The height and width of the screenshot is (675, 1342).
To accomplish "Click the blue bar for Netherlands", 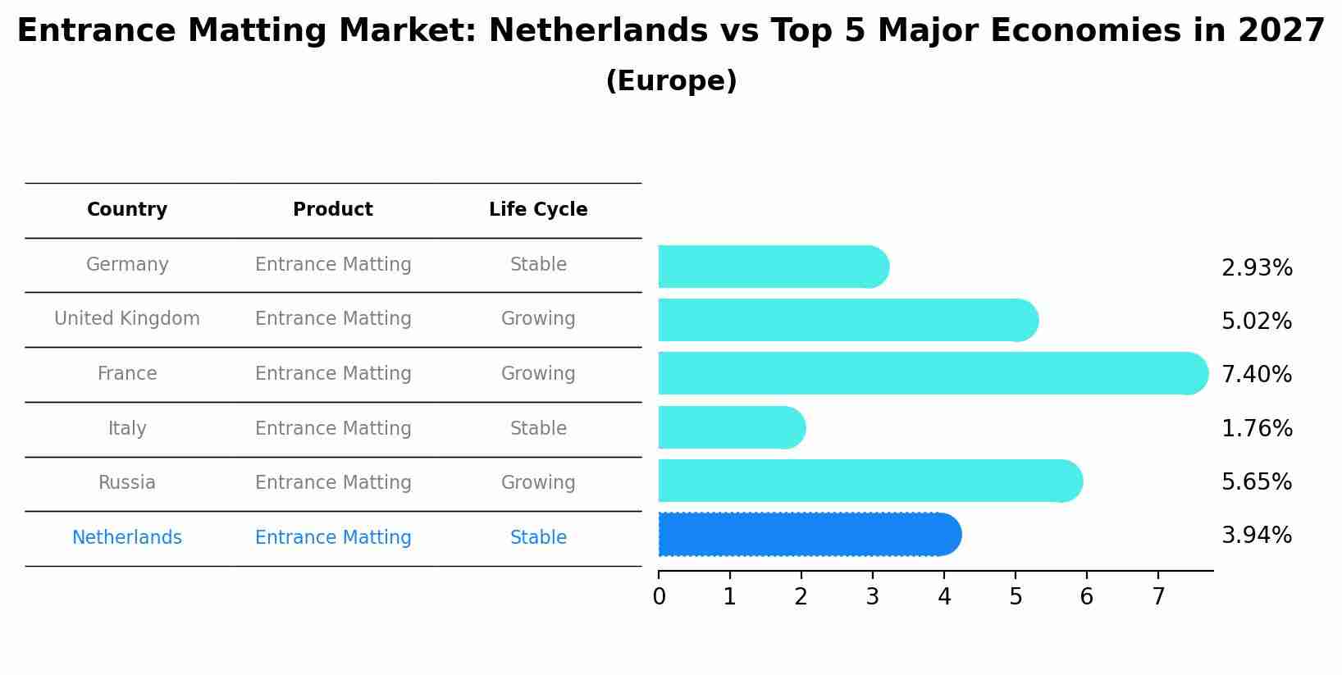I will [808, 535].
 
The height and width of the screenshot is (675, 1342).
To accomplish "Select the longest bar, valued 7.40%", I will [931, 373].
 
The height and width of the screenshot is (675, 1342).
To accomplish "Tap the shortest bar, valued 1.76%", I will [730, 427].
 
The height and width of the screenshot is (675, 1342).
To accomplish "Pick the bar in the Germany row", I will [771, 267].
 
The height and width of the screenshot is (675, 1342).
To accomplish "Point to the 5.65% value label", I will [1256, 482].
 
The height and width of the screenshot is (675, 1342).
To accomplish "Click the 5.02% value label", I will [1256, 322].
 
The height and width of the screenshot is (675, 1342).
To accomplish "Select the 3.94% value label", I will [1256, 536].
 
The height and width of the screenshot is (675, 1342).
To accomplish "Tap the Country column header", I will [127, 210].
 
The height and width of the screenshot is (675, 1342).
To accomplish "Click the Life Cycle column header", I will [538, 210].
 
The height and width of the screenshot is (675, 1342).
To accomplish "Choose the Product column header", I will [333, 210].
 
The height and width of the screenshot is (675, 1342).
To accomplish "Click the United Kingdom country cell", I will [127, 319].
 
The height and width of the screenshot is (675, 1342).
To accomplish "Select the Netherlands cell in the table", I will [127, 538].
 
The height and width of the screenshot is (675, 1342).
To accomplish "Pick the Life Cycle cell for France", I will [538, 374].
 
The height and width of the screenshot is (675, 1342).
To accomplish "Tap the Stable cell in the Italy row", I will [538, 429].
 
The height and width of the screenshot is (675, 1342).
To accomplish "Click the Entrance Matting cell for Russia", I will [333, 483].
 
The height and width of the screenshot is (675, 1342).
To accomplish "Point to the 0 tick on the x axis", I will [659, 597].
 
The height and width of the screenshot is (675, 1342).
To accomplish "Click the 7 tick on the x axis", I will [1158, 597].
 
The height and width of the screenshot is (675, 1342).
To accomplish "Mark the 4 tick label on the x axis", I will [944, 597].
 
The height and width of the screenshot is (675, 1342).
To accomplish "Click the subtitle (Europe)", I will [671, 81].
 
